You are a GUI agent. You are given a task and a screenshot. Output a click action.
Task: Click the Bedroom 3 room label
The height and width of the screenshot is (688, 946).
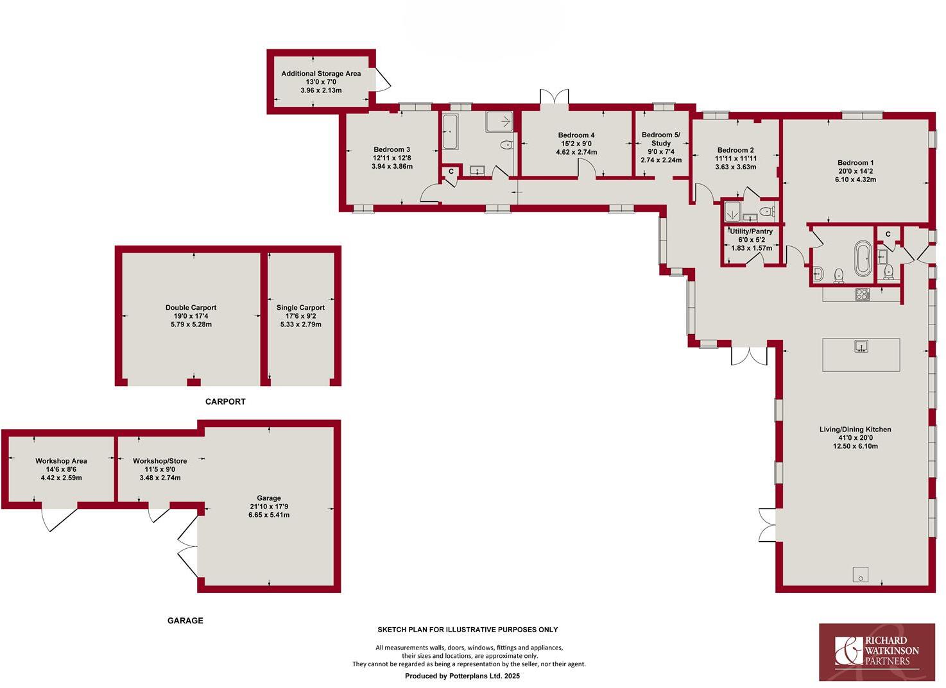click(x=391, y=150)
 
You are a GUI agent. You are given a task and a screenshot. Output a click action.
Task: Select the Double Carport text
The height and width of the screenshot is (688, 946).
click(x=191, y=308)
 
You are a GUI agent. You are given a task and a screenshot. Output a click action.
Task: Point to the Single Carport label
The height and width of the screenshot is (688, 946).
click(x=300, y=308)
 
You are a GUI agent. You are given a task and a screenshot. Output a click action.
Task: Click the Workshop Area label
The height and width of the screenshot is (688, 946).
click(x=61, y=461)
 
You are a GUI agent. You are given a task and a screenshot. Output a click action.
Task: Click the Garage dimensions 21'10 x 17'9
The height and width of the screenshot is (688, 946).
click(x=269, y=507)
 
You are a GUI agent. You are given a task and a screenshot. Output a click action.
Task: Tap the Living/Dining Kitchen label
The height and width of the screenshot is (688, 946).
click(x=855, y=430)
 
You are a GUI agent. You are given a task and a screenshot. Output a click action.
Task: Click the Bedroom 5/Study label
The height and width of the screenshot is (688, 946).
click(x=661, y=139)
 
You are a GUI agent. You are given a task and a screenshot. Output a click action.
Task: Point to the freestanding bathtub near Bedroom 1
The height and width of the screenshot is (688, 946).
click(x=863, y=258)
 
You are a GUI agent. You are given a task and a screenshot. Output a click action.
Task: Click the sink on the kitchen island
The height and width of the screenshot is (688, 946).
click(x=861, y=347)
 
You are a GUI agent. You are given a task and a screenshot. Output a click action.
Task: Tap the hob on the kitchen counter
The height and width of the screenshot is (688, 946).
click(x=862, y=295)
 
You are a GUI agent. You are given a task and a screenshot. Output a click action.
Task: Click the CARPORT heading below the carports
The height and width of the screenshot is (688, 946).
click(x=225, y=402)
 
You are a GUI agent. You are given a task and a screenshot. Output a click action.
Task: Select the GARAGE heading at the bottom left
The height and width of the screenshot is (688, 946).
click(x=185, y=621)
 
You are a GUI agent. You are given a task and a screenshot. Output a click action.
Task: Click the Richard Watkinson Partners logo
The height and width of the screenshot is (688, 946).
click(x=877, y=651)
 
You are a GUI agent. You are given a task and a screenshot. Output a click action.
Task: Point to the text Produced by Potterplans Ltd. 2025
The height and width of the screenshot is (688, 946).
click(x=462, y=676)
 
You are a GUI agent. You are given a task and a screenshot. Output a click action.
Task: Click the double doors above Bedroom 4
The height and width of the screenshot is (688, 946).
click(x=555, y=97)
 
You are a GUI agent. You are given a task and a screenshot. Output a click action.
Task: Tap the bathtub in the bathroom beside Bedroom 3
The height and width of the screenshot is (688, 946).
click(x=449, y=132)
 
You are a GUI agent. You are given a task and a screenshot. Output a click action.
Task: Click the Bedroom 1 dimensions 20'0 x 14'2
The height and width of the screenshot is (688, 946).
click(x=855, y=171)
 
